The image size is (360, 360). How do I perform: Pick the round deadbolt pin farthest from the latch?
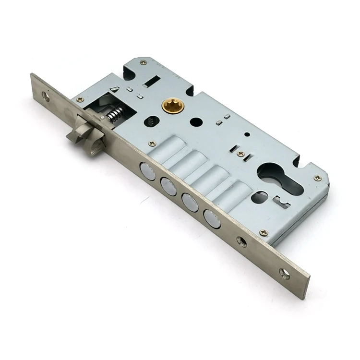tap(212, 218)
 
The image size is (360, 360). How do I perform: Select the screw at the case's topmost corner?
tap(143, 62)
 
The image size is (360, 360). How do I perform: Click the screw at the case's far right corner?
tap(317, 178)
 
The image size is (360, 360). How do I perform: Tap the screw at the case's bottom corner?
tap(263, 233)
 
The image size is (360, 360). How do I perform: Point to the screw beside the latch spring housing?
tap(80, 99)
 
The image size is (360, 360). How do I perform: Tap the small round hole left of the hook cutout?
tap(259, 197)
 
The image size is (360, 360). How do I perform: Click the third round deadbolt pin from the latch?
tap(190, 202)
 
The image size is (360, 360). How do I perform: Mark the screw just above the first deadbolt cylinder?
tap(153, 143)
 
